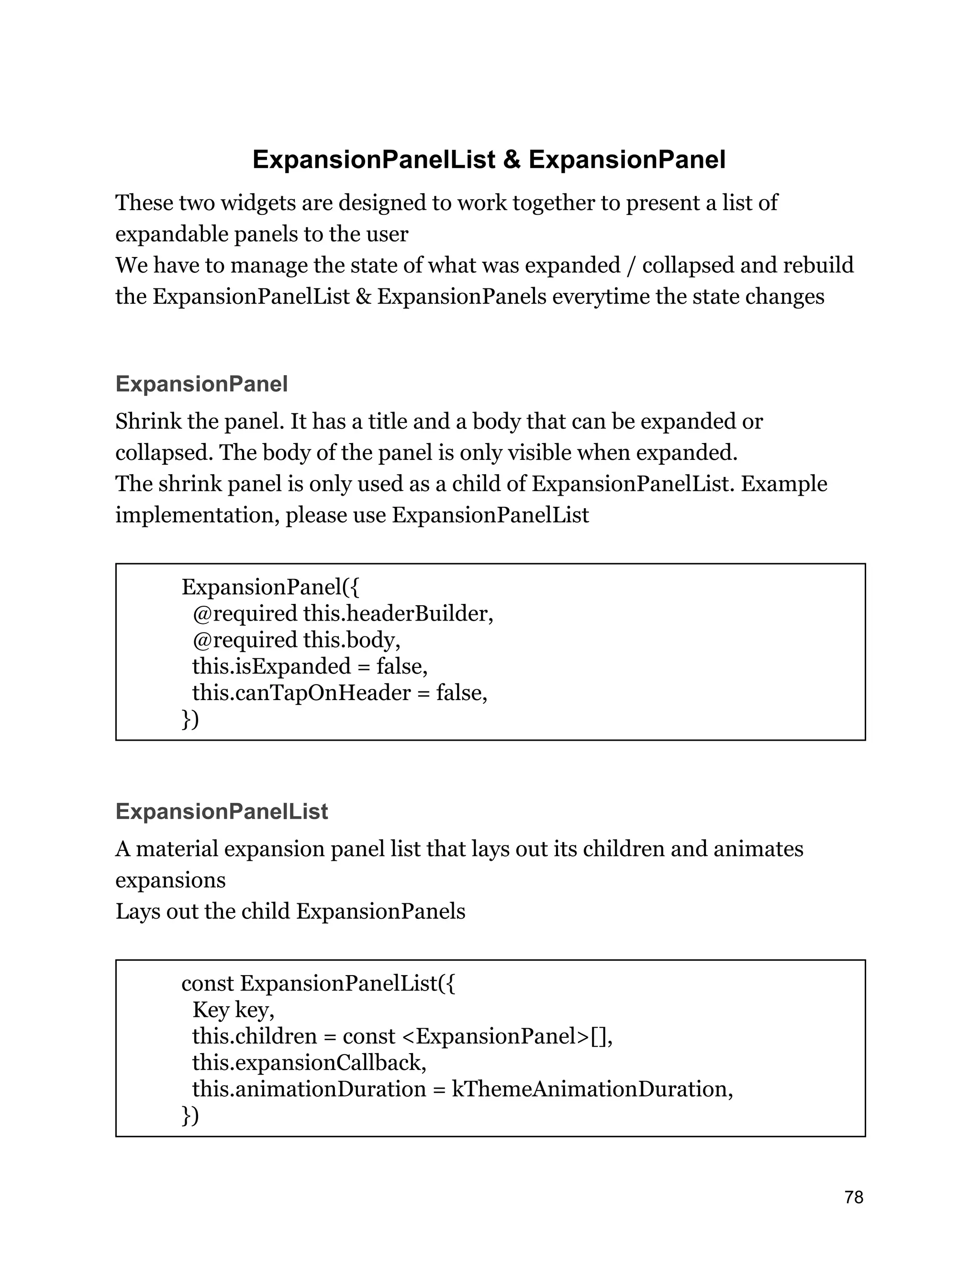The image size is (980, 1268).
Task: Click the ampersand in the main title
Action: click(x=512, y=160)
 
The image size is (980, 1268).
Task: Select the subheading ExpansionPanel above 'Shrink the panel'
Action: click(x=201, y=384)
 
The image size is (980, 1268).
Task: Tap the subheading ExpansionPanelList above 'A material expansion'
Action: click(x=222, y=812)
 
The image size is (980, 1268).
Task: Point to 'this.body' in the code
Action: click(x=351, y=640)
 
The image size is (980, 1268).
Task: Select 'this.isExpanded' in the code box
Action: click(x=271, y=666)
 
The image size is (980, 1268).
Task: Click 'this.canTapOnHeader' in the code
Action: click(x=301, y=693)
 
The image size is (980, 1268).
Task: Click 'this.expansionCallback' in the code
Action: click(x=309, y=1062)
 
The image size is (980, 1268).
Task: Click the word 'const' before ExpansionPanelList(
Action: click(x=207, y=983)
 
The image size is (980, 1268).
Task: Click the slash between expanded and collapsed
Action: click(x=631, y=266)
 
